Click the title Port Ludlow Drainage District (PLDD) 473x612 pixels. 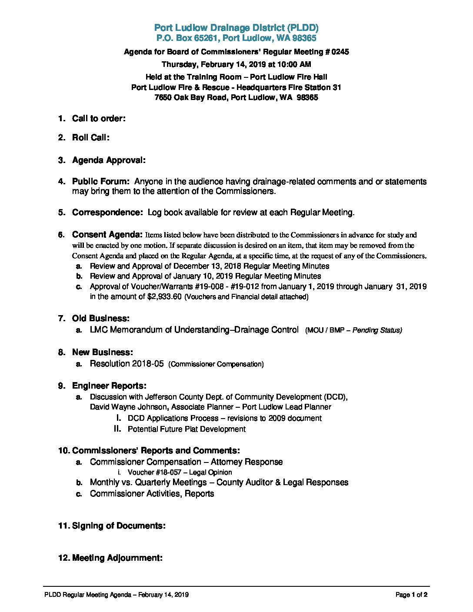tap(236, 28)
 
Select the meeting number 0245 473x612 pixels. tap(340, 52)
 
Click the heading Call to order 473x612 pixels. tap(99, 119)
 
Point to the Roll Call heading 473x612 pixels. tap(90, 138)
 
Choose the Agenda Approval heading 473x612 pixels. tap(109, 160)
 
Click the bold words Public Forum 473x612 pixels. tap(100, 182)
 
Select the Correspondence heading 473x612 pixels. tap(107, 213)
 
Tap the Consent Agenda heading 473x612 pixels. tap(107, 235)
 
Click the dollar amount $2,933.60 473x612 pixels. tap(164, 297)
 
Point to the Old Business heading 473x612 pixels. tap(100, 319)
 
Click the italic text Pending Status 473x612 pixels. tap(377, 330)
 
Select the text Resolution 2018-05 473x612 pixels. tap(127, 364)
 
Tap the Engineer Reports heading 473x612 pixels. tap(109, 386)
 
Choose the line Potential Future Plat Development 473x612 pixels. tap(187, 429)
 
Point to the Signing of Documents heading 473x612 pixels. tap(118, 526)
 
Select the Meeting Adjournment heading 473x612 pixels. tap(117, 558)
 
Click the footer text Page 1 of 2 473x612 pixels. tap(411, 595)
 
